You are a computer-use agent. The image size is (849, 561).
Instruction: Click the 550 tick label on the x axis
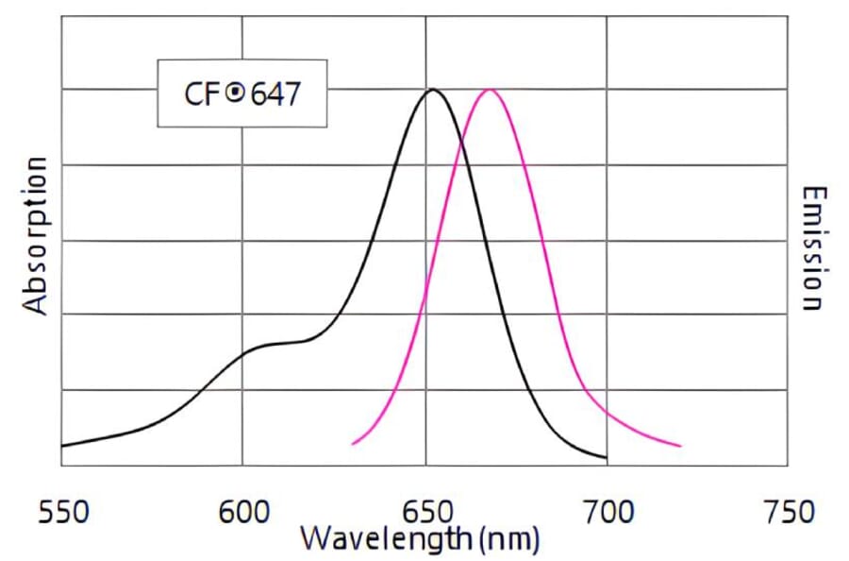62,512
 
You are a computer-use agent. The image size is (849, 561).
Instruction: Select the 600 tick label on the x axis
243,512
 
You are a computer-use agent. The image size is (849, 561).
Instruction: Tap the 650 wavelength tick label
425,512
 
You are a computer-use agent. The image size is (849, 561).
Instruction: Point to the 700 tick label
607,512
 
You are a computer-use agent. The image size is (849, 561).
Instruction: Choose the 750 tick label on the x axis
787,512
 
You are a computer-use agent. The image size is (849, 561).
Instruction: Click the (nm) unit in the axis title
509,540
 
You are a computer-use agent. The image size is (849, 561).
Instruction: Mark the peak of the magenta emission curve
490,90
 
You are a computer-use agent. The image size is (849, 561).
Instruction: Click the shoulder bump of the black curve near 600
269,346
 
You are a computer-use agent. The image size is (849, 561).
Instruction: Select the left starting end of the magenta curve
353,443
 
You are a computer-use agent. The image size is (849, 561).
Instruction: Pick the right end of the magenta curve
680,446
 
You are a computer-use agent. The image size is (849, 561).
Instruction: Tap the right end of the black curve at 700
606,458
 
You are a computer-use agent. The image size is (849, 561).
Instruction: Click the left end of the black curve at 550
62,445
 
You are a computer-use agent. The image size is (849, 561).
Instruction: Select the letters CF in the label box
202,94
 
